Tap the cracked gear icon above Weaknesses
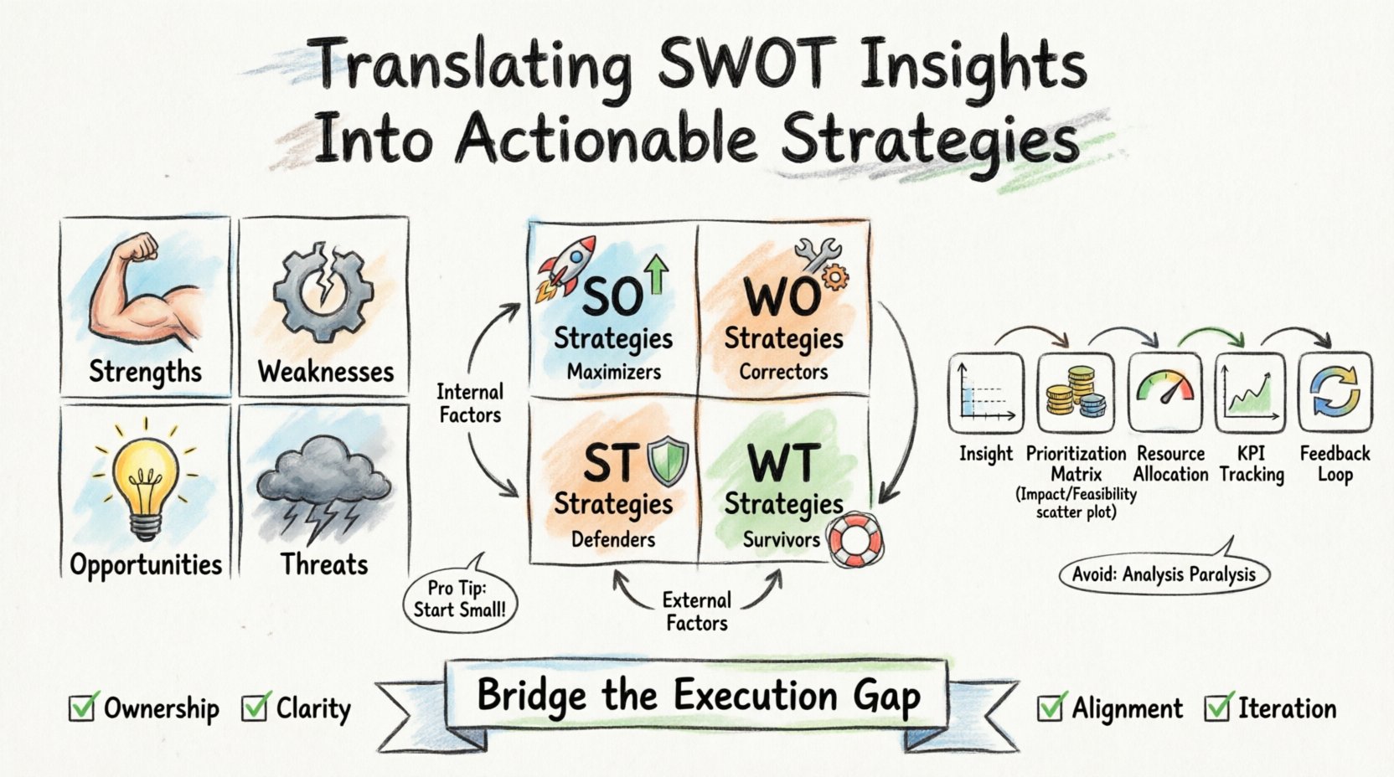coord(319,292)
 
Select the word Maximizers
coord(613,372)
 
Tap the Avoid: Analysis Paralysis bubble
coord(1164,574)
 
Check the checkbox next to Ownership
coord(83,708)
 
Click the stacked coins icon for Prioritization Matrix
coord(1076,393)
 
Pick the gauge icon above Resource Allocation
coord(1164,391)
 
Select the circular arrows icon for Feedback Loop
coord(1335,392)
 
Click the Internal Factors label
coord(470,403)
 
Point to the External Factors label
coord(696,611)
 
